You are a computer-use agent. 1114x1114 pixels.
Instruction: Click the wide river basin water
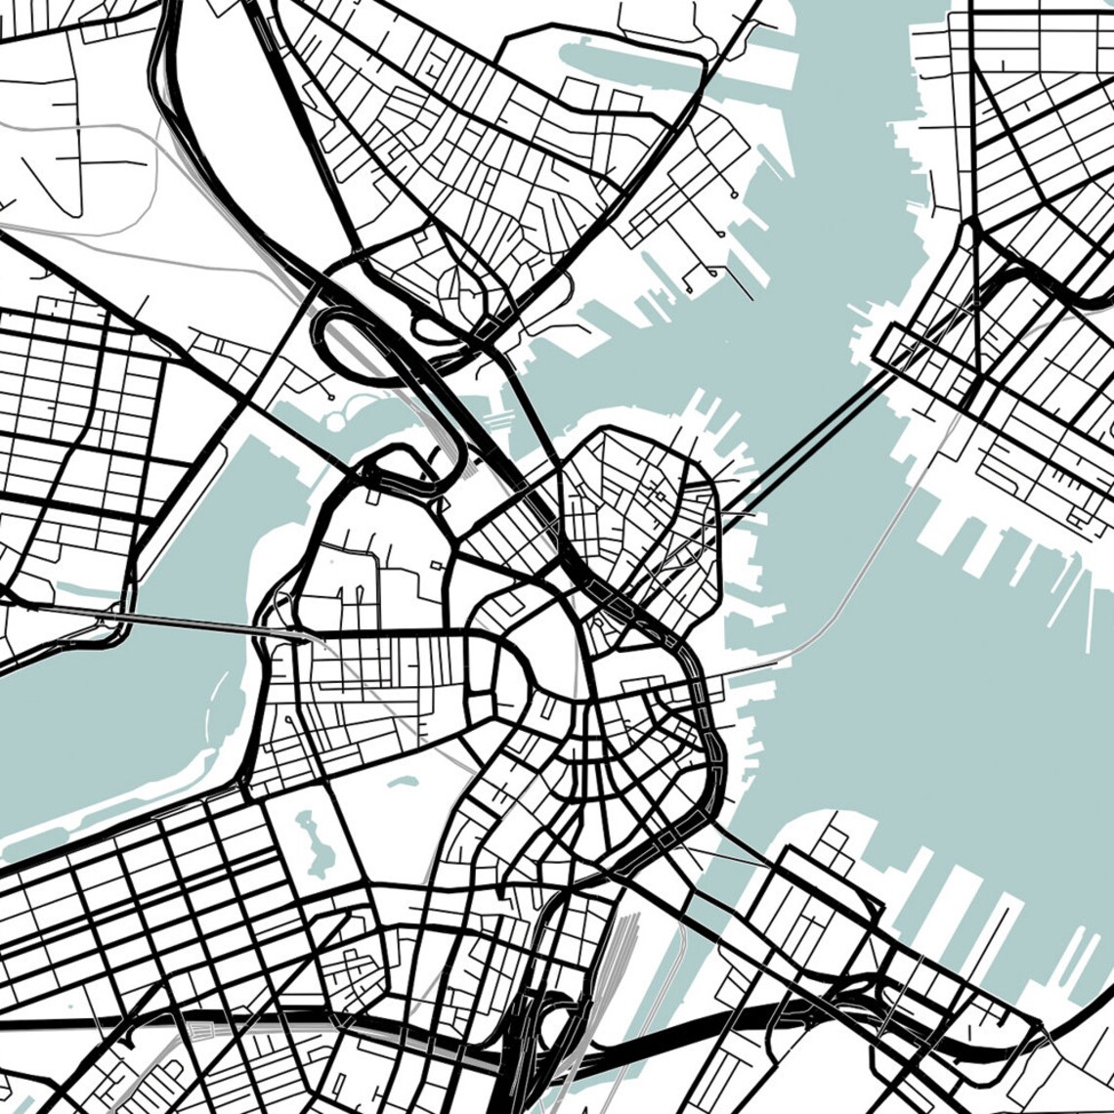(x=117, y=713)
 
